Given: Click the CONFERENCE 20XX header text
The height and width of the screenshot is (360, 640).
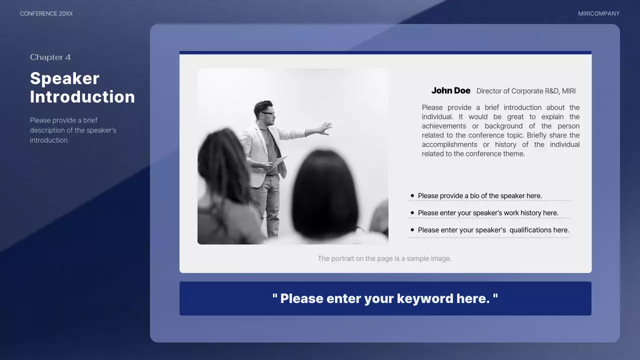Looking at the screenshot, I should (x=46, y=13).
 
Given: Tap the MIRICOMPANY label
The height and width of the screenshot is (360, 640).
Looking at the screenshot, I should (x=598, y=13).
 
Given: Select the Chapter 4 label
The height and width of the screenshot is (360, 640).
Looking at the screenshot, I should (x=50, y=57).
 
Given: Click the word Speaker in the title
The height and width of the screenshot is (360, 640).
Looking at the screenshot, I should (x=64, y=78).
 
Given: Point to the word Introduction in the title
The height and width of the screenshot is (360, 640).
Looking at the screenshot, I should (x=82, y=96).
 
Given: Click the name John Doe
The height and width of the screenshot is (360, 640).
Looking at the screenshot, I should (x=450, y=90).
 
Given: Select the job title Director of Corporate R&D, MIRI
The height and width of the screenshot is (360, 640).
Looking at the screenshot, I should (x=525, y=91).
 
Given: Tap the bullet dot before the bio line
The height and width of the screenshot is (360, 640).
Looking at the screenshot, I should (x=412, y=195).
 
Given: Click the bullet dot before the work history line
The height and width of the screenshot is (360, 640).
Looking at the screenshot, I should (x=412, y=212).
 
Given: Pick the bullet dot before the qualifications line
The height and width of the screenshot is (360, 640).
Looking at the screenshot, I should (x=412, y=230).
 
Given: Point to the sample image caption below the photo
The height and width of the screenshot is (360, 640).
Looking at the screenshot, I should (x=384, y=258).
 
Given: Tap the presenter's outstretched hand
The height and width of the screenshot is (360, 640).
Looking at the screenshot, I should (x=325, y=127).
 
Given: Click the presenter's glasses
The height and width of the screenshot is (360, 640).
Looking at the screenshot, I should (x=267, y=113).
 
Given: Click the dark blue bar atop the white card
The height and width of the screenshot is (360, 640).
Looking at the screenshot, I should (x=385, y=52).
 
